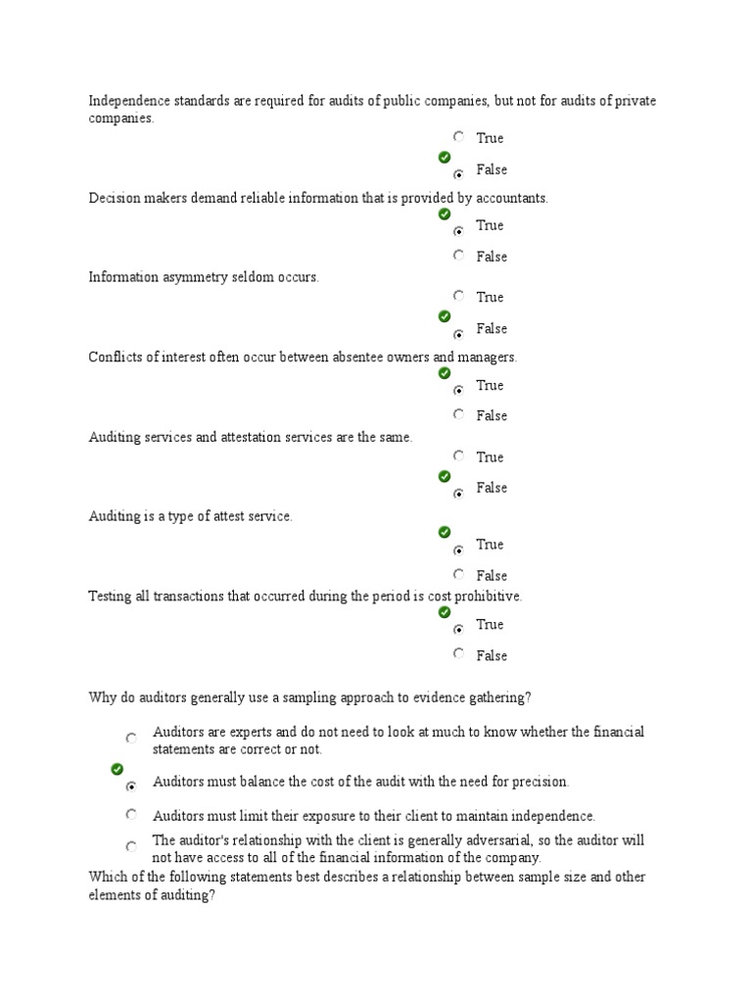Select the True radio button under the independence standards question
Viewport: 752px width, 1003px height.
click(x=458, y=137)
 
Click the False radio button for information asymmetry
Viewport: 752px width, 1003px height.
click(x=458, y=334)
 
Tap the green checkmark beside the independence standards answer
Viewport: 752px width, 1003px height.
click(x=445, y=157)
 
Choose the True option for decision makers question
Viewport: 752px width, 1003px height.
click(x=458, y=231)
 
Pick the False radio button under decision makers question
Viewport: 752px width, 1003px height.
click(x=458, y=256)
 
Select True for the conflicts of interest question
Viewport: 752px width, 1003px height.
click(x=458, y=391)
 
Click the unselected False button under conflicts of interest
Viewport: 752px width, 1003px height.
click(x=458, y=414)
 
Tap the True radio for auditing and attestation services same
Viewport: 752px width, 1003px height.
click(x=458, y=455)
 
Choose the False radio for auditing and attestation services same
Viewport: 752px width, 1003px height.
click(x=458, y=494)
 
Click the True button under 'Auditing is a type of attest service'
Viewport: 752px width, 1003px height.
click(x=458, y=550)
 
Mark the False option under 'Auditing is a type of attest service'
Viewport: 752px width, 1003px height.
click(x=458, y=574)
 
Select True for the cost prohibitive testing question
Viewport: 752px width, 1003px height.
click(x=458, y=630)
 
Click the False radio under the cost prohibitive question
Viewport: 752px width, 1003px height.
click(x=458, y=653)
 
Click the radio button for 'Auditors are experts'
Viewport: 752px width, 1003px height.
click(x=131, y=739)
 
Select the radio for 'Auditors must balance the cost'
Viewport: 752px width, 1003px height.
click(x=131, y=787)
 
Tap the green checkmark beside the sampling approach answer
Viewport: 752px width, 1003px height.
click(x=117, y=769)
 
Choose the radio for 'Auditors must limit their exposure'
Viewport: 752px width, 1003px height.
click(x=131, y=814)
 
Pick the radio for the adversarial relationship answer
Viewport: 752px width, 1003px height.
click(x=131, y=846)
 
